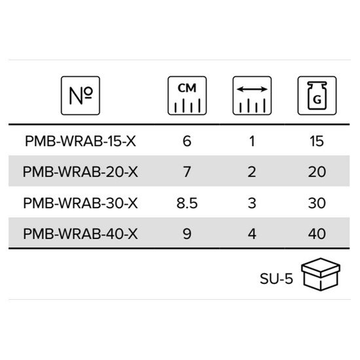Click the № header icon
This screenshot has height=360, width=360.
click(x=81, y=96)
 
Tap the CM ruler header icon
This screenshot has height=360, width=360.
click(x=187, y=96)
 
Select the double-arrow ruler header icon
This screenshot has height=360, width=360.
click(x=252, y=96)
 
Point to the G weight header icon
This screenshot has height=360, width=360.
click(x=317, y=96)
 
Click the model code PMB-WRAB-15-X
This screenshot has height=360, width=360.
click(x=81, y=141)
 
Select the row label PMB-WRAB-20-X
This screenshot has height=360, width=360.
click(x=81, y=171)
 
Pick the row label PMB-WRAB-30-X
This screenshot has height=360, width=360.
click(x=81, y=203)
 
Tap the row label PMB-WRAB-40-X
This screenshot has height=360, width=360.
click(x=81, y=234)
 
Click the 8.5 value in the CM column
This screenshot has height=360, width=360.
click(x=187, y=203)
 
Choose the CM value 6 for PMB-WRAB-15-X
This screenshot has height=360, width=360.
click(x=187, y=141)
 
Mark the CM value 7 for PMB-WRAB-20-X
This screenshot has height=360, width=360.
click(x=187, y=171)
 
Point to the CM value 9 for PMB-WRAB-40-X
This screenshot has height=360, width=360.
click(x=187, y=234)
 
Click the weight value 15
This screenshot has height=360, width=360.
click(x=317, y=141)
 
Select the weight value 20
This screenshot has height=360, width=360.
click(x=317, y=171)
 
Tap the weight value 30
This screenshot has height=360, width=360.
click(x=317, y=203)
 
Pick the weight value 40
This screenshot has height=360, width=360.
click(x=317, y=234)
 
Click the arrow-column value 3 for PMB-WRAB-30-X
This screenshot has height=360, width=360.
click(x=252, y=203)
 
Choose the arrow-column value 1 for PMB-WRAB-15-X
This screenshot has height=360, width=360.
click(x=252, y=141)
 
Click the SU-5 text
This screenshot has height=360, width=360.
click(x=276, y=279)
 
